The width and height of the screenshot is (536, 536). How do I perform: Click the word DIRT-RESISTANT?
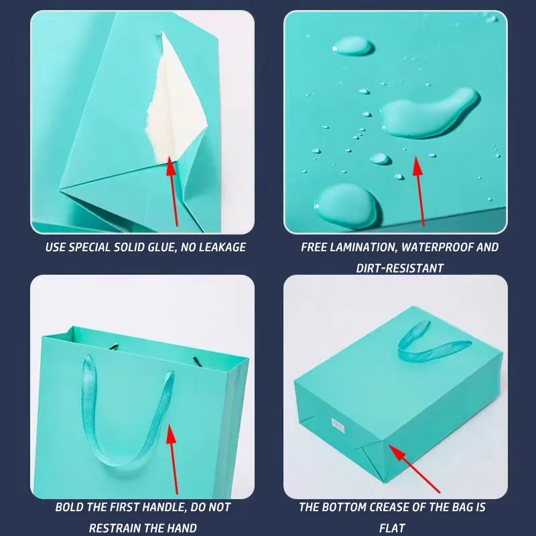pos(399,268)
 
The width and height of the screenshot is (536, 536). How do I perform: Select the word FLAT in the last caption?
pos(393,528)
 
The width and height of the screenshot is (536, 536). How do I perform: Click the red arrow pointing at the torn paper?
pos(173,192)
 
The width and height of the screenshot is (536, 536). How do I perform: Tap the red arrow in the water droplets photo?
pos(419,191)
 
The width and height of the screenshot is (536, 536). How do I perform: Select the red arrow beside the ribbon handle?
pos(173,459)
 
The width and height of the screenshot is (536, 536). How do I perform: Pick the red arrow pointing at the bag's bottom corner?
pos(414,468)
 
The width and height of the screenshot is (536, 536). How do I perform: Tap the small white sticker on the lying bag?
pos(338,424)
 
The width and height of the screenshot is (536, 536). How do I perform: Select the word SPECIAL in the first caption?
pos(89,247)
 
